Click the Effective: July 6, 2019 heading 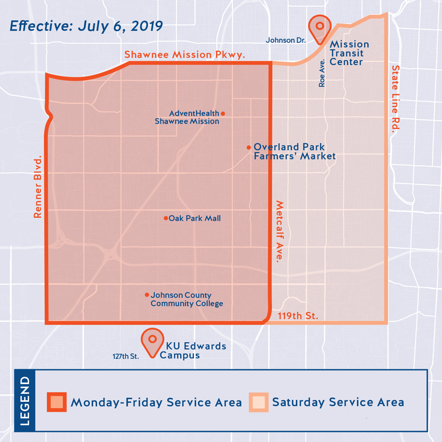(86, 26)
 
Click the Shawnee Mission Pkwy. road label (185, 54)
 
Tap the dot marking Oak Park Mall (166, 218)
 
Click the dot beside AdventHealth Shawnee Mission (223, 114)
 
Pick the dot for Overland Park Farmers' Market (249, 147)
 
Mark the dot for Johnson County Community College (147, 295)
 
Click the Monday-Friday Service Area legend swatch (57, 402)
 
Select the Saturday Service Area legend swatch (258, 402)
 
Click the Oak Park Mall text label (194, 218)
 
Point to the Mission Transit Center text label (349, 53)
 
